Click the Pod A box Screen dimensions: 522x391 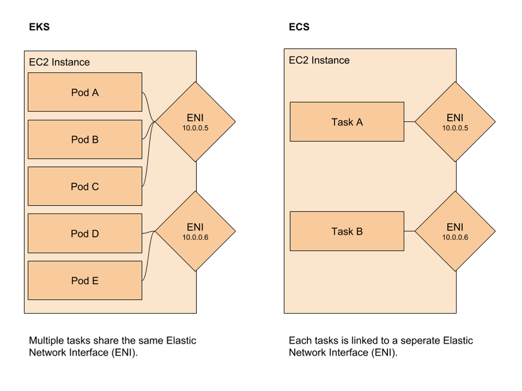85,92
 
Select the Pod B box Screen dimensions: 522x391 85,139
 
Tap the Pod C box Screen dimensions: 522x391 85,186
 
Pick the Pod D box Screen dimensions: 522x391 85,233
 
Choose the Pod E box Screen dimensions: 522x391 85,281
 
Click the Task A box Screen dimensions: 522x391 347,122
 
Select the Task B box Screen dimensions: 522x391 347,231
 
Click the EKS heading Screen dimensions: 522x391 39,27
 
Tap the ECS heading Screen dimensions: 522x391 299,27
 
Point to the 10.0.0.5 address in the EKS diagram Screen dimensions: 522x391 195,128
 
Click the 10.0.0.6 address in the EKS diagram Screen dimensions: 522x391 195,238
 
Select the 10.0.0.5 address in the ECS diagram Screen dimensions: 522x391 455,128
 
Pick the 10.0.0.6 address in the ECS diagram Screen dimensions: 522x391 455,238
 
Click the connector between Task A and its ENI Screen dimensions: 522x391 409,122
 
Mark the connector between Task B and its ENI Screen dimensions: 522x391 409,231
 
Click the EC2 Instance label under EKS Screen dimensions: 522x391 59,62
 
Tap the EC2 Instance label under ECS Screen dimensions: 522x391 319,60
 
